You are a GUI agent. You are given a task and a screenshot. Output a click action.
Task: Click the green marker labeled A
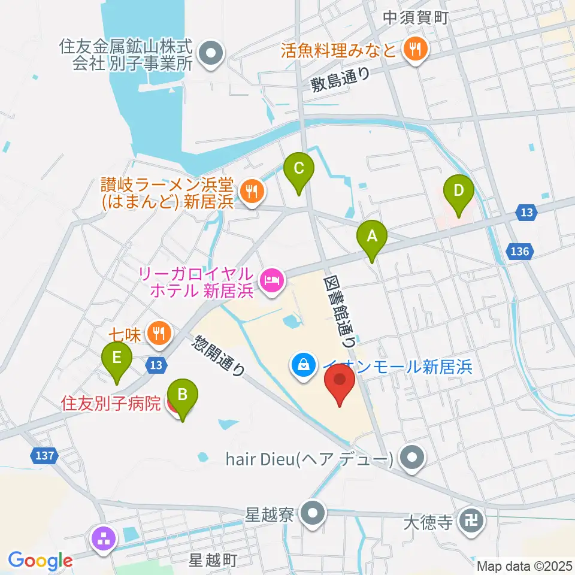(x=372, y=238)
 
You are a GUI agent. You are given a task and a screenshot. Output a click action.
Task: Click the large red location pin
(x=340, y=383)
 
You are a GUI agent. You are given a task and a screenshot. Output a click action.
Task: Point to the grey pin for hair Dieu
(x=411, y=459)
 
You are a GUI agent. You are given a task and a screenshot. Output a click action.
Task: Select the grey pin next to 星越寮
(x=312, y=514)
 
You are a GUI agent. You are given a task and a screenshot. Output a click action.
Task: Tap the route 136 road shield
(x=520, y=251)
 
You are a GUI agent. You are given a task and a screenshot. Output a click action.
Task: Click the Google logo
(x=40, y=561)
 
